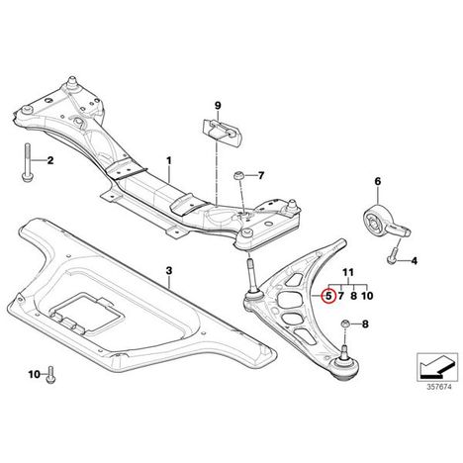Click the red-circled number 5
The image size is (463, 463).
tap(328, 296)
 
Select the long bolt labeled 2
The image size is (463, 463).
tap(27, 162)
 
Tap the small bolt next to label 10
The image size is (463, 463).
tap(50, 375)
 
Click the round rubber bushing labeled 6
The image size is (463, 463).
tap(375, 220)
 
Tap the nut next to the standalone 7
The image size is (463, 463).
tap(238, 176)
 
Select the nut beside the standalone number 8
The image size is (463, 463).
tap(344, 324)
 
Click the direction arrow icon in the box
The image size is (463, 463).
tap(437, 368)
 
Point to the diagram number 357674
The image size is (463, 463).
tap(438, 387)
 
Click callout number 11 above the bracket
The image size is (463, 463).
tap(348, 272)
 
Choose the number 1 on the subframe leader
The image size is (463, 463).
tap(169, 161)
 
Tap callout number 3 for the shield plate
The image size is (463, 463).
tap(169, 271)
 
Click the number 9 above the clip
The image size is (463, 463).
tap(218, 106)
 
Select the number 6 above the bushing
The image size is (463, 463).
tap(378, 181)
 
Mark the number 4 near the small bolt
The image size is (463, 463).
tap(415, 261)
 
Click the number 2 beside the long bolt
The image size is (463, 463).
tap(50, 160)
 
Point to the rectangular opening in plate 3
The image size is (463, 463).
tap(87, 312)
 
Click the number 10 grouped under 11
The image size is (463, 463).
tap(367, 296)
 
